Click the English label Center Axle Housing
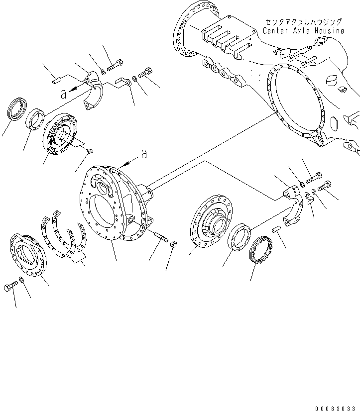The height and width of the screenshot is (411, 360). tap(303, 31)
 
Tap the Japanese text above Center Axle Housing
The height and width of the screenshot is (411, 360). tap(304, 22)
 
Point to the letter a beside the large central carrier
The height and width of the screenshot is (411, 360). tap(144, 155)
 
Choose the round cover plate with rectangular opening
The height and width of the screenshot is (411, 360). tap(28, 254)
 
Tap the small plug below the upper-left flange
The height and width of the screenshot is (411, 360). tap(90, 150)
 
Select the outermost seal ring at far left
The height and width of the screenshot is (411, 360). tap(18, 108)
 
